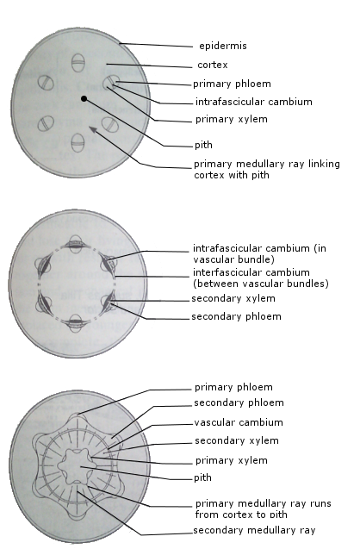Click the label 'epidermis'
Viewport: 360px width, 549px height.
click(223, 46)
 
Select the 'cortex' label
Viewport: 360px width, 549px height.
click(213, 65)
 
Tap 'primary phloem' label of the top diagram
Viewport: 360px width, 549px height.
click(232, 84)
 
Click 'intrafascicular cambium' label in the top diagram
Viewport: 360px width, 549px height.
click(254, 102)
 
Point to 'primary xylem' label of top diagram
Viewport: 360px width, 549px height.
click(232, 120)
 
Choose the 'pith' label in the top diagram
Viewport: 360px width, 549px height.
click(203, 145)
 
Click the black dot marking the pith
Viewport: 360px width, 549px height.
click(84, 99)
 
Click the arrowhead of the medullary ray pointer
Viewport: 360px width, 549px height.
click(92, 129)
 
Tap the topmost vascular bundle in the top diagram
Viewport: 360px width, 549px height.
click(78, 63)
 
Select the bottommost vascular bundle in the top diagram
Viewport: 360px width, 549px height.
click(78, 142)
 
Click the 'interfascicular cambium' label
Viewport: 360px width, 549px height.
click(251, 272)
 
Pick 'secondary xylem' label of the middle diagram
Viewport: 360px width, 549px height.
click(233, 299)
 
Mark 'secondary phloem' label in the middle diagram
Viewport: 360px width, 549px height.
click(236, 316)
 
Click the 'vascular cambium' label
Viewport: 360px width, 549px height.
click(239, 422)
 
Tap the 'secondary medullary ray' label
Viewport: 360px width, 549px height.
click(254, 530)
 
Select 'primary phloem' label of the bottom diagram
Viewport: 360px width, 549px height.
click(233, 387)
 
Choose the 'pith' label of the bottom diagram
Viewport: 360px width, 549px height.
click(202, 477)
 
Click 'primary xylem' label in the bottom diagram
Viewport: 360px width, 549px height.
click(232, 460)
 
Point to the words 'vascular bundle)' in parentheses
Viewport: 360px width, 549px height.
click(233, 259)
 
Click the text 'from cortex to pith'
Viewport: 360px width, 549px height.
click(241, 515)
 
